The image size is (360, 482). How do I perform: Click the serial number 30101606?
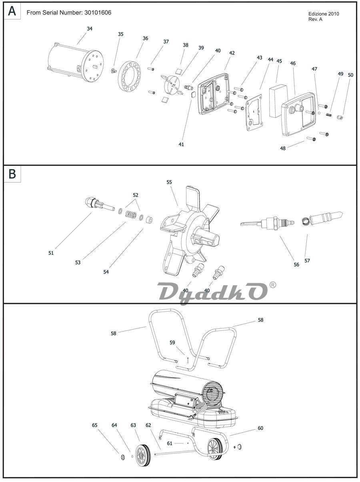coord(98,13)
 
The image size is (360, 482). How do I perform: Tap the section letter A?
coord(12,11)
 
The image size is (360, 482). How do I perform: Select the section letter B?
coord(12,174)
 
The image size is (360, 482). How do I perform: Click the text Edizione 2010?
coord(324,14)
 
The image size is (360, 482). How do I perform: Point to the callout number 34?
coord(90,28)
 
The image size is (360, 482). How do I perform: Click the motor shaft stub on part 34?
coord(95,66)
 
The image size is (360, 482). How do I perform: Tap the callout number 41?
coord(181,144)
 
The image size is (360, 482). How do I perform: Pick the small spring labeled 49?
coord(329,115)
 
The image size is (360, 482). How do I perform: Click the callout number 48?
coord(283,148)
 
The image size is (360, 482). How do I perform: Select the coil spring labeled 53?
coord(131,214)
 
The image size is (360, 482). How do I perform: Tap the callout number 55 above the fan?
coord(169,182)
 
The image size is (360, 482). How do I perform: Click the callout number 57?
coord(307,260)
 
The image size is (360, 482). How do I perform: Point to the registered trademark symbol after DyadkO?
coord(272,285)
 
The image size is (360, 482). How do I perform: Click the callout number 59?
coord(172,342)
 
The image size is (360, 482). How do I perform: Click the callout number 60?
coord(260,428)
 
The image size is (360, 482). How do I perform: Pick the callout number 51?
coord(51,253)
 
